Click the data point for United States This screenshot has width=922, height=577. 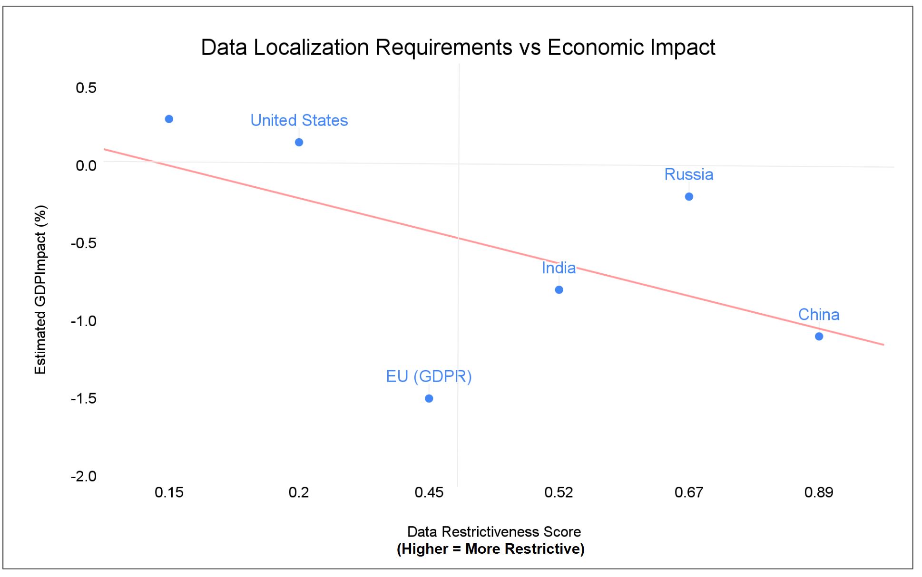click(299, 142)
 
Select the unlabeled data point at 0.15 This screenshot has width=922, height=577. click(169, 119)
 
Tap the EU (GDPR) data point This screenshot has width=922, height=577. click(429, 398)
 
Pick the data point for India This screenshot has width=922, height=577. click(559, 289)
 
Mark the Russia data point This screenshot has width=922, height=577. click(689, 196)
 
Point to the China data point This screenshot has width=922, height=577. click(819, 336)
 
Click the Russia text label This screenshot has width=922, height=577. click(688, 174)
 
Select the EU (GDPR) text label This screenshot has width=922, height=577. click(429, 376)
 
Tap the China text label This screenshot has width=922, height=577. click(818, 315)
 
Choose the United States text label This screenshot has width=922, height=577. click(299, 120)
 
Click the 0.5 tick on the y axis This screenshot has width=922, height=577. click(86, 87)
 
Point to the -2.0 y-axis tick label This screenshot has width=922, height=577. click(84, 476)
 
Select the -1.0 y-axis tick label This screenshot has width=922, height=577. click(84, 321)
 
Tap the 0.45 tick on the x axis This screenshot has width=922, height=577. click(429, 492)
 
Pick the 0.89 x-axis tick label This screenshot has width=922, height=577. click(818, 492)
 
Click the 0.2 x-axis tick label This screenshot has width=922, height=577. click(299, 492)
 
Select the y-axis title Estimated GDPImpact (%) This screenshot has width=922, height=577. click(41, 289)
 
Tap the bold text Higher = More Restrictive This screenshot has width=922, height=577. click(490, 549)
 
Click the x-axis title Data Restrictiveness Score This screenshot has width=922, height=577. click(494, 531)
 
